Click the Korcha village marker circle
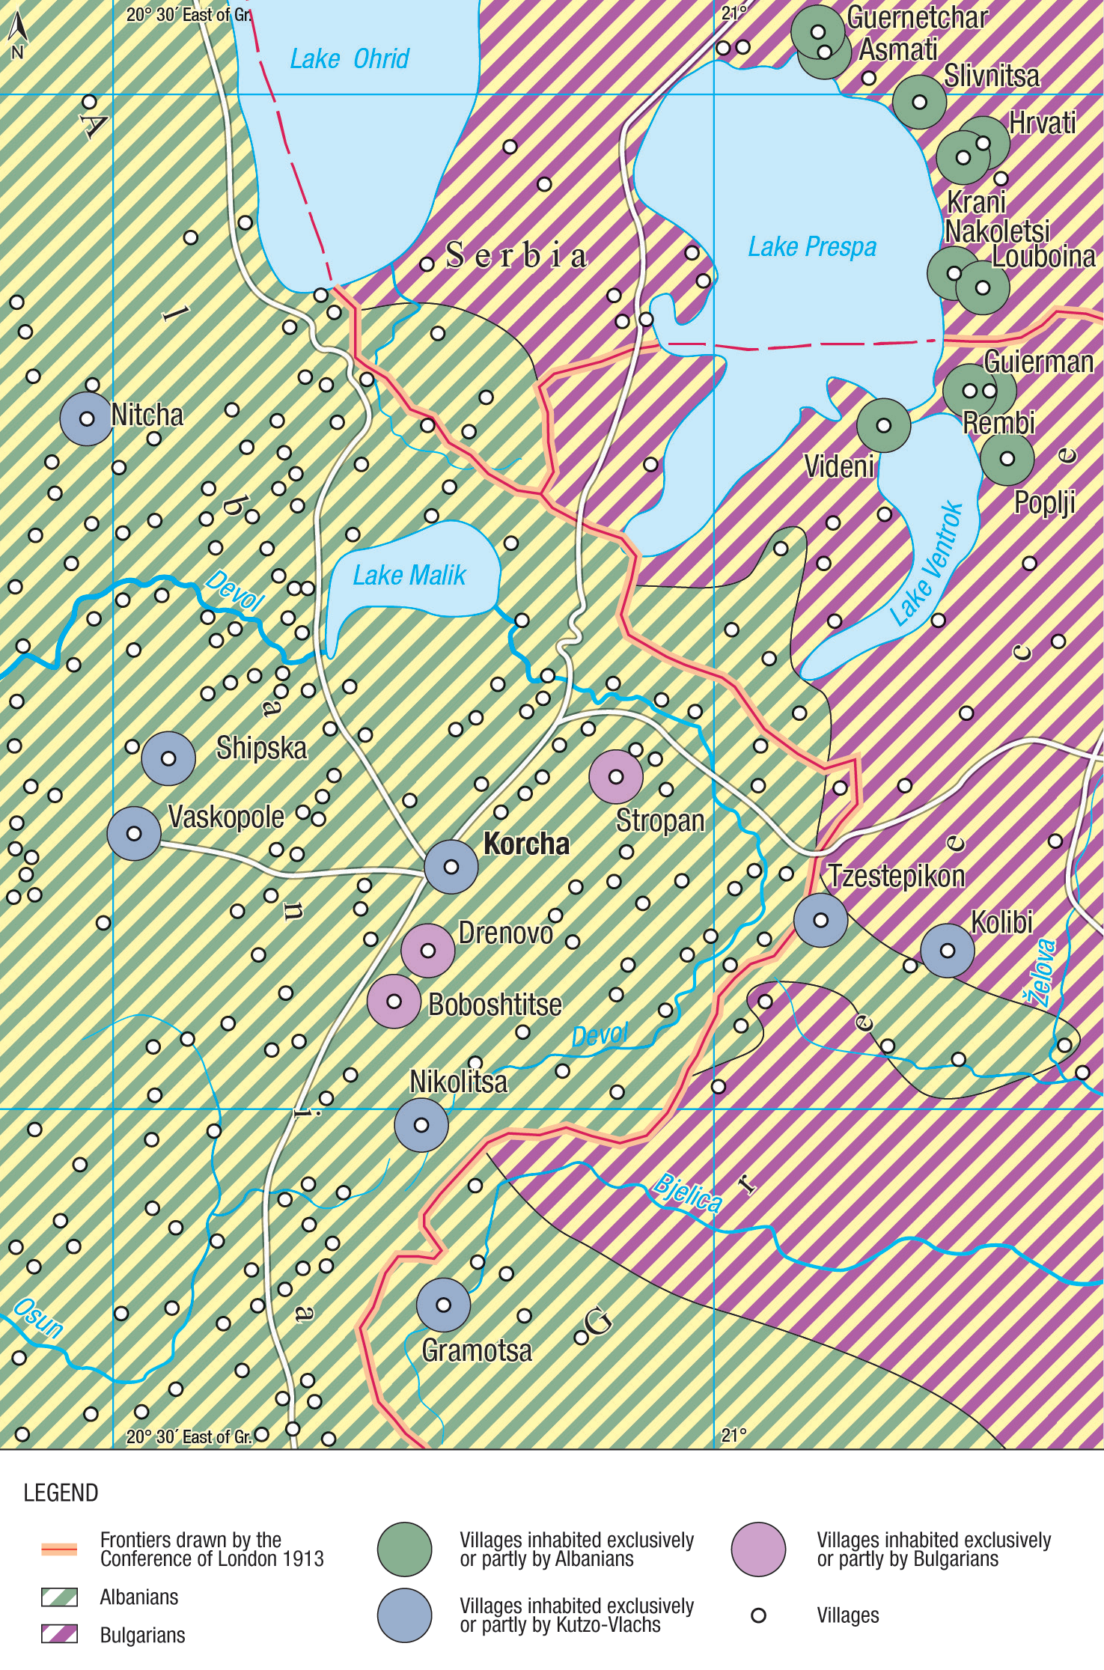(x=451, y=866)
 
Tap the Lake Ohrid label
(x=350, y=58)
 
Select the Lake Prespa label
(x=812, y=246)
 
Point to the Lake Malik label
(x=409, y=575)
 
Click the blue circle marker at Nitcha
(x=87, y=418)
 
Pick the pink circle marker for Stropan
(x=615, y=777)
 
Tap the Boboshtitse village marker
(x=394, y=1002)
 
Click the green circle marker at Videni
(x=883, y=425)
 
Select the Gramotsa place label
(x=477, y=1351)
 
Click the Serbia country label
(x=516, y=255)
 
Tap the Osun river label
(x=37, y=1318)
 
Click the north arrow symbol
(x=18, y=34)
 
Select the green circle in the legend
(x=405, y=1549)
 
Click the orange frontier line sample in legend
(x=59, y=1549)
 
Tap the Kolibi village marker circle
(x=947, y=951)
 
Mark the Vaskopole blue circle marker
(x=134, y=833)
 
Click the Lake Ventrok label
(x=927, y=563)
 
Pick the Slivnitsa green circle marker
(x=919, y=102)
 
